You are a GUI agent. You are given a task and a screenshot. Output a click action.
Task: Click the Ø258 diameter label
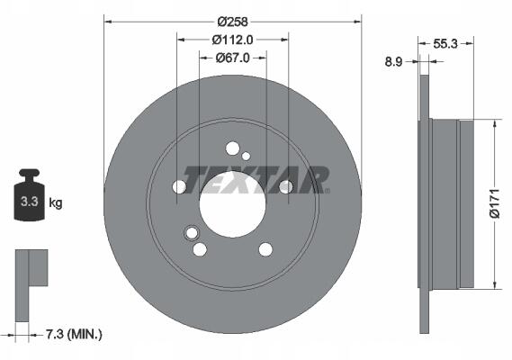pyautogui.click(x=232, y=22)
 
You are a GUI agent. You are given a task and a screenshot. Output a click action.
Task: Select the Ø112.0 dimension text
pyautogui.click(x=232, y=40)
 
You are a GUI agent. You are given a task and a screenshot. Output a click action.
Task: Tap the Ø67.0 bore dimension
pyautogui.click(x=232, y=58)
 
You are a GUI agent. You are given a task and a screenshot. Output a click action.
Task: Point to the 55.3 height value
pyautogui.click(x=445, y=43)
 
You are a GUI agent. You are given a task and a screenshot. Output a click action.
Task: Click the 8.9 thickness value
pyautogui.click(x=393, y=61)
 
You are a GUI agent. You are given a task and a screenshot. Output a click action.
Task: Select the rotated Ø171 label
pyautogui.click(x=495, y=202)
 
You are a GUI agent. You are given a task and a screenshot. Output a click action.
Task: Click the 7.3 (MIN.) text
pyautogui.click(x=74, y=334)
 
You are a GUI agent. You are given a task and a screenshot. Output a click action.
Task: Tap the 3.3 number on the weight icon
pyautogui.click(x=30, y=202)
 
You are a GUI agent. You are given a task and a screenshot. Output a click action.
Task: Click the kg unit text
pyautogui.click(x=56, y=203)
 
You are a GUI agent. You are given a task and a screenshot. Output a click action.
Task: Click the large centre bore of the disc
pyautogui.click(x=232, y=204)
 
